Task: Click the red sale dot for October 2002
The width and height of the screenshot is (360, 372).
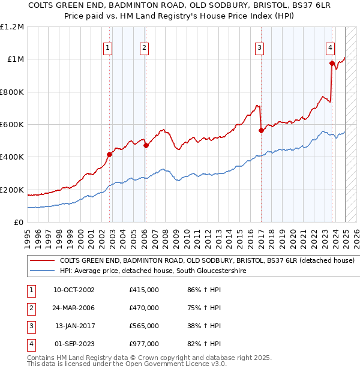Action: click(109, 154)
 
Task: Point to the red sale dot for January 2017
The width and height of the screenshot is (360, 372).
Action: click(261, 130)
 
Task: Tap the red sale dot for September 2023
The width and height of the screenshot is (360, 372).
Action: click(332, 62)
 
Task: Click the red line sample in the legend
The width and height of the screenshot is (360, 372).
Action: click(42, 261)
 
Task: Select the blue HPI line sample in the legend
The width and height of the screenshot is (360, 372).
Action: click(42, 271)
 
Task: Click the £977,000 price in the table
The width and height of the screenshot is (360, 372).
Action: click(144, 344)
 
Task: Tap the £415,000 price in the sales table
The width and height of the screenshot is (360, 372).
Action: click(144, 290)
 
